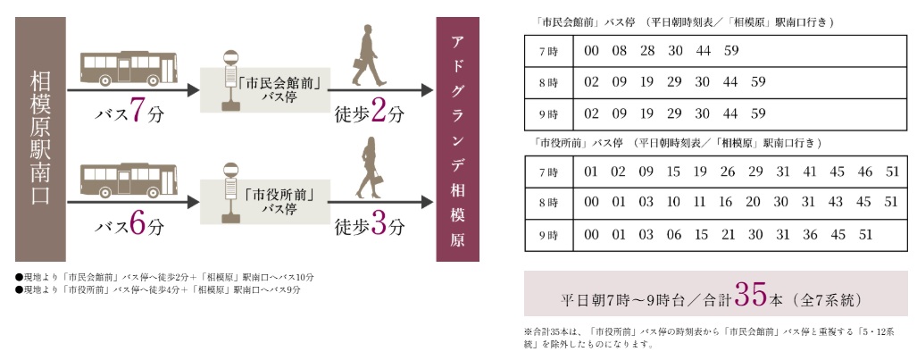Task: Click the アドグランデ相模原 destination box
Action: click(457, 139)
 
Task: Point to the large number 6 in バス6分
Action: click(137, 225)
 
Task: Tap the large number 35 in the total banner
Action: click(747, 296)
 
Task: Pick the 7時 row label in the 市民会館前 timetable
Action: click(547, 51)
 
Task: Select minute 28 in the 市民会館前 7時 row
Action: click(647, 51)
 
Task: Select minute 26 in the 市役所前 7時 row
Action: click(728, 172)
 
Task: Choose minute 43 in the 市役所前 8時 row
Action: click(835, 203)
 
